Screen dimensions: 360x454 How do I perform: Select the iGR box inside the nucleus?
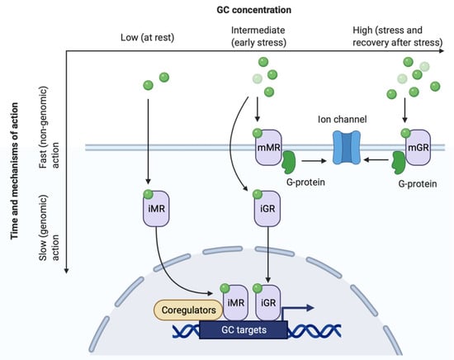click(x=266, y=302)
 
